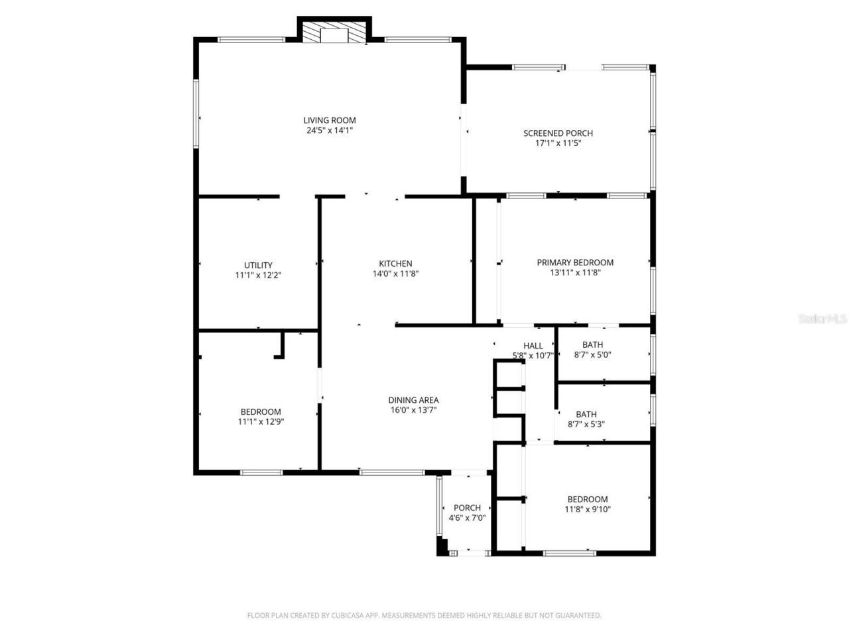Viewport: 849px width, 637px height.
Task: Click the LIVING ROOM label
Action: (x=330, y=120)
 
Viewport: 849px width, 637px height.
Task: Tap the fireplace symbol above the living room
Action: (x=334, y=35)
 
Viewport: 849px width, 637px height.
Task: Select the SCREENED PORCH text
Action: (x=558, y=133)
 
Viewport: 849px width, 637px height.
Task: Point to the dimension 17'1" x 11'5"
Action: (x=558, y=143)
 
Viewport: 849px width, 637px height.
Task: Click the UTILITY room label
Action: (x=258, y=265)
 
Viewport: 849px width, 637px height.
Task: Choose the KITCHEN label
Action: (x=395, y=263)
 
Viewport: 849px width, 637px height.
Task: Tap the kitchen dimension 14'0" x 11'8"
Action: (x=395, y=273)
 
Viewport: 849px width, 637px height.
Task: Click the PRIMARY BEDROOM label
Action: (x=575, y=262)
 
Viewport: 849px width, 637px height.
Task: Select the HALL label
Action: (x=533, y=346)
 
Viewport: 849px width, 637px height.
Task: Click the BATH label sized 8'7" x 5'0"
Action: (x=592, y=344)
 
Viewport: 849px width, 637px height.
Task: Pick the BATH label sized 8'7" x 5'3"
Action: (x=586, y=414)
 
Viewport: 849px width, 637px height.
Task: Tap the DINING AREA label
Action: (x=413, y=400)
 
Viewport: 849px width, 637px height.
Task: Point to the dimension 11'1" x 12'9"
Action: (x=261, y=421)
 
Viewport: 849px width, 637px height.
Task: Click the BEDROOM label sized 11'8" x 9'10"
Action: (x=587, y=500)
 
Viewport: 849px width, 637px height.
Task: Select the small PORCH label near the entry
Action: (x=467, y=508)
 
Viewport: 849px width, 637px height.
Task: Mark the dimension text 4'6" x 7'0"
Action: (x=467, y=518)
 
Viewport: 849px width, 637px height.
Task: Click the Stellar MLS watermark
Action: (x=822, y=318)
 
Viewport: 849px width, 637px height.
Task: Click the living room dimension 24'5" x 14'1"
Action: (x=330, y=130)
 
